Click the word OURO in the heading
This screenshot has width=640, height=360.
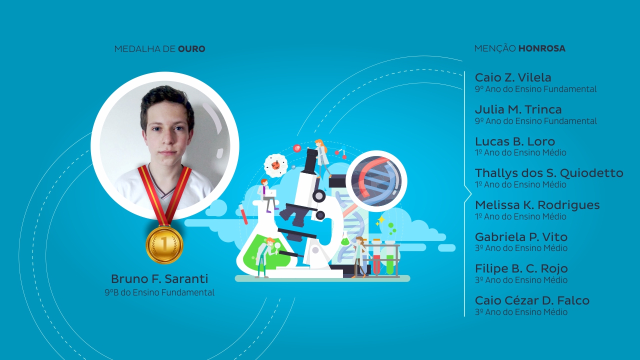[x=191, y=49]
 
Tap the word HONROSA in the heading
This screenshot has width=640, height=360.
[x=542, y=48]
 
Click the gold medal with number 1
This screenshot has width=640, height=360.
[x=164, y=244]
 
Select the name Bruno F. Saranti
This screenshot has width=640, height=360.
[x=159, y=279]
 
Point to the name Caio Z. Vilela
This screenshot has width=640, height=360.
[x=513, y=77]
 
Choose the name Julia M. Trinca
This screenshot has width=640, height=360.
[x=518, y=109]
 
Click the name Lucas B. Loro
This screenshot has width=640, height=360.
[x=515, y=141]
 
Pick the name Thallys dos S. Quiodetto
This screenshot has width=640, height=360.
[x=549, y=173]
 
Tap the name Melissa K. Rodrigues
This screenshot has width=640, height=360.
[x=537, y=205]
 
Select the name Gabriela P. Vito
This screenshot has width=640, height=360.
[x=521, y=237]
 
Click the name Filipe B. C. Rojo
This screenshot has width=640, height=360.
[x=521, y=268]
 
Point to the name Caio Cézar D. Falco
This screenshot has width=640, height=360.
[x=532, y=300]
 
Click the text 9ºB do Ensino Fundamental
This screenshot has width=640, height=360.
[x=159, y=292]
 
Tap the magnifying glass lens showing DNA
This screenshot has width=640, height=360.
[x=376, y=181]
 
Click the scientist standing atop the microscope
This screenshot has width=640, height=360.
[x=321, y=156]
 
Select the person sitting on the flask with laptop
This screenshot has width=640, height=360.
[x=267, y=195]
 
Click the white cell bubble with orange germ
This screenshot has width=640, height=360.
[x=275, y=165]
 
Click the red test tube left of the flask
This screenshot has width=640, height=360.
[x=243, y=213]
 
